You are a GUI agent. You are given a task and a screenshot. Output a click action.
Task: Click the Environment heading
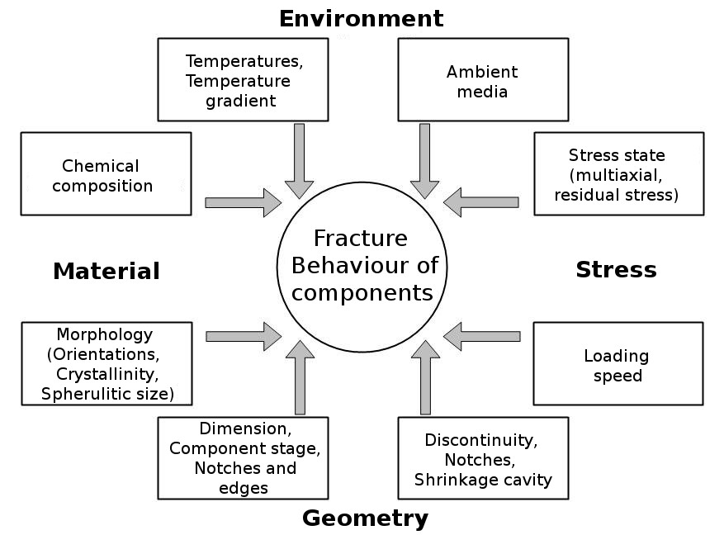click(361, 18)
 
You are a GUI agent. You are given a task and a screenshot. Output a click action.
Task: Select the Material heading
click(106, 271)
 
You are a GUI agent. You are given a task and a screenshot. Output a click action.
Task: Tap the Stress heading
click(616, 269)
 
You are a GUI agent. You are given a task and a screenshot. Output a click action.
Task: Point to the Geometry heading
click(365, 518)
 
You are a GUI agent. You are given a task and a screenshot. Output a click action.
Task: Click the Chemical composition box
click(106, 174)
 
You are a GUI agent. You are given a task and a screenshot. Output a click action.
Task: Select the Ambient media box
click(483, 80)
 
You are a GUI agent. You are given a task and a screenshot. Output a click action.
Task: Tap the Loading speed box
click(618, 364)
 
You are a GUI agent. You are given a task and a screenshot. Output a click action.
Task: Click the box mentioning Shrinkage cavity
click(483, 458)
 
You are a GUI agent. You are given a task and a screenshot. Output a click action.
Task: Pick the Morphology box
click(106, 364)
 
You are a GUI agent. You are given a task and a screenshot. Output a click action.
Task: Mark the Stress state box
click(618, 174)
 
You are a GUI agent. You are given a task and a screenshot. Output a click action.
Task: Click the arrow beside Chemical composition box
click(243, 202)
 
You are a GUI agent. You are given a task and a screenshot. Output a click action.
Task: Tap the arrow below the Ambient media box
click(424, 161)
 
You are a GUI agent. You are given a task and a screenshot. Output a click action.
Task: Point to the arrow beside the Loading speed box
click(482, 336)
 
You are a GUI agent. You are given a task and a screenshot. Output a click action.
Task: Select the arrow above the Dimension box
click(299, 377)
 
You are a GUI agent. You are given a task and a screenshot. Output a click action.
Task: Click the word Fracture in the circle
click(361, 239)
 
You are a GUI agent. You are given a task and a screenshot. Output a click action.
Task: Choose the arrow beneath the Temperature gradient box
click(299, 161)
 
